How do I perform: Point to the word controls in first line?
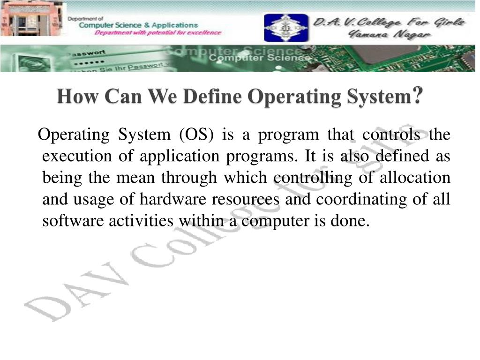[x=392, y=135]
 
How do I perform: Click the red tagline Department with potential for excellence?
[x=158, y=33]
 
